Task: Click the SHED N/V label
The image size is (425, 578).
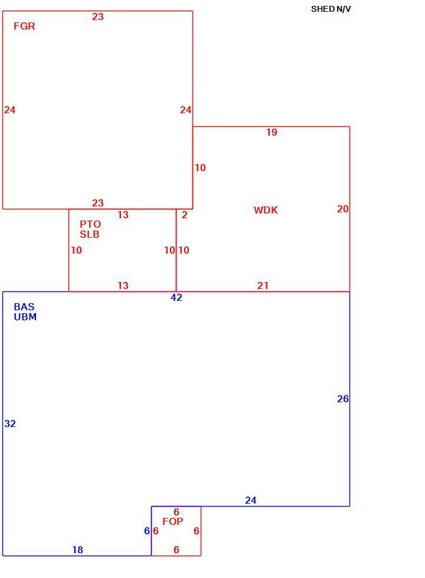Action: pos(331,9)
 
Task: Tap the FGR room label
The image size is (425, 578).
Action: pos(24,26)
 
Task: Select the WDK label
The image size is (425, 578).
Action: pos(266,210)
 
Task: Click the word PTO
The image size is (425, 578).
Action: pos(90,224)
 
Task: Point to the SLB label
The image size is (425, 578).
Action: pos(90,234)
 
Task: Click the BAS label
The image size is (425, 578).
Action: pos(24,307)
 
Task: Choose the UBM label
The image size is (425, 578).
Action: pos(25,317)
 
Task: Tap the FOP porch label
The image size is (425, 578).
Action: pos(172,521)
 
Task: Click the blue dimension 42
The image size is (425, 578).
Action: pos(176,297)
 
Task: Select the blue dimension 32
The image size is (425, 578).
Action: pos(10,423)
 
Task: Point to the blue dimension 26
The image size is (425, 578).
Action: pos(343,399)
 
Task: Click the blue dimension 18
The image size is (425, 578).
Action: pos(77,550)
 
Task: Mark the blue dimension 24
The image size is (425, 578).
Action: pos(250,500)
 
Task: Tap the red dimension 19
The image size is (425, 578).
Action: pos(272,132)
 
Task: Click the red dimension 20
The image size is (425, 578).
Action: pos(343,209)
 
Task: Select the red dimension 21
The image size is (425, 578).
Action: pos(263,285)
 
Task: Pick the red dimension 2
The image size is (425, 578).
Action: pos(184,215)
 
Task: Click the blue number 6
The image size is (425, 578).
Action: pos(147,531)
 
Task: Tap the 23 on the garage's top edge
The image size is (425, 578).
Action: pos(98,17)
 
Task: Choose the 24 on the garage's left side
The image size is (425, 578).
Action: pos(10,110)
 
